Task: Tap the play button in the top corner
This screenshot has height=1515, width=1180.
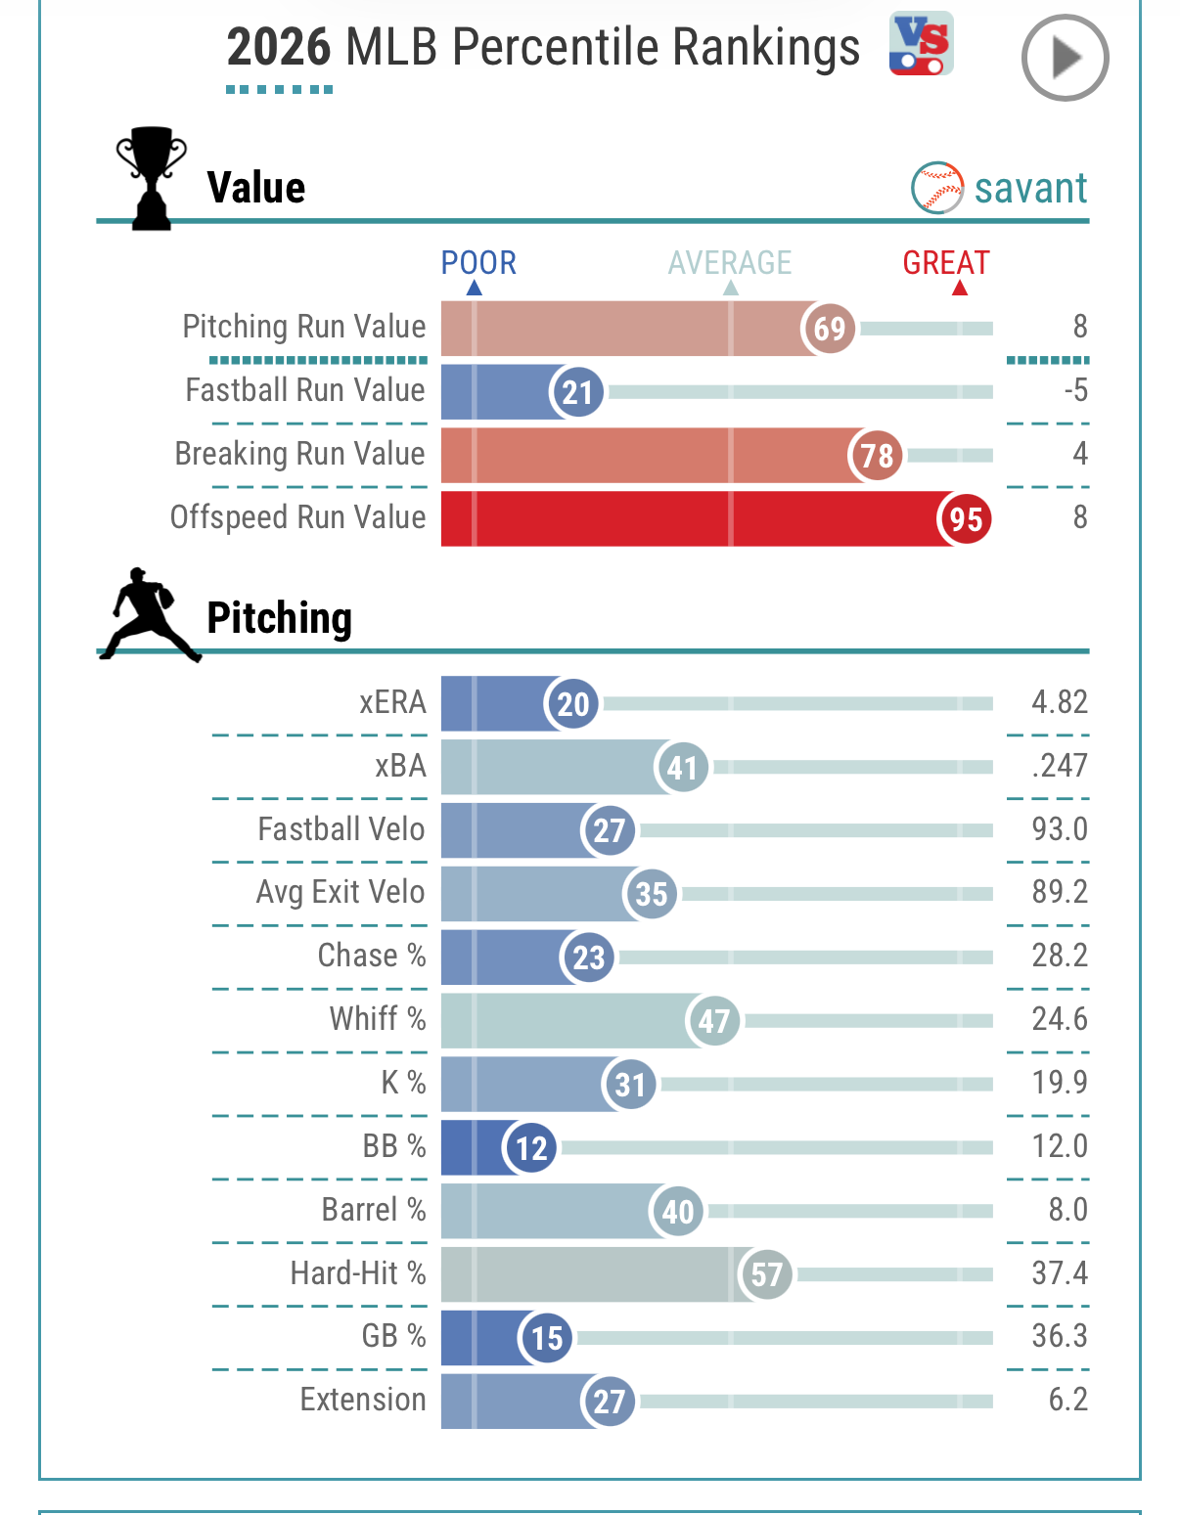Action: tap(1065, 57)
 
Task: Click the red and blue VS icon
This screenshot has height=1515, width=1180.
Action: tap(921, 43)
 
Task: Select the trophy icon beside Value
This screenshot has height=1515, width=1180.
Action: tap(152, 178)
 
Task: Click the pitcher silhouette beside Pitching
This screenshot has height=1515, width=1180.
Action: tap(150, 613)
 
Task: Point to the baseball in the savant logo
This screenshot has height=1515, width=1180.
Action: tap(937, 188)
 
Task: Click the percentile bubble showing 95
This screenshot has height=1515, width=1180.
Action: tap(966, 518)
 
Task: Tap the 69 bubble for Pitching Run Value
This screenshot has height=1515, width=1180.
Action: tap(829, 329)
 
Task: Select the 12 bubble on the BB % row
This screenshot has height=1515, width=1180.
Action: tap(530, 1147)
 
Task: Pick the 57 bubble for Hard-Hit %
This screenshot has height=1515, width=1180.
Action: tap(766, 1274)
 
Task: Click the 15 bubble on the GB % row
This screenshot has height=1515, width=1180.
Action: tap(546, 1338)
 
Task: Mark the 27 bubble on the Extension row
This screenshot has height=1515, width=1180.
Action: tap(609, 1402)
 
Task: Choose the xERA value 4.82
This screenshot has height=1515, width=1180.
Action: tap(1060, 702)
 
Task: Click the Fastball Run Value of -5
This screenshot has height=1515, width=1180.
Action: tap(1076, 390)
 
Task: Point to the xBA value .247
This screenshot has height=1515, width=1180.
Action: tap(1060, 766)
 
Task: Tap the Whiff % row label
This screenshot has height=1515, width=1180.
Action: tap(378, 1018)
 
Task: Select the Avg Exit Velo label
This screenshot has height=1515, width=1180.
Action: tap(340, 892)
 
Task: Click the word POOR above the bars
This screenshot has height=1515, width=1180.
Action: tap(478, 263)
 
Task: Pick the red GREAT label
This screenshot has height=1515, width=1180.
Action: tap(946, 263)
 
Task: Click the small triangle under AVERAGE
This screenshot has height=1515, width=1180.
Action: tap(730, 288)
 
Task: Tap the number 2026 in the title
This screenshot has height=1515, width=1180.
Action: tap(278, 47)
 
